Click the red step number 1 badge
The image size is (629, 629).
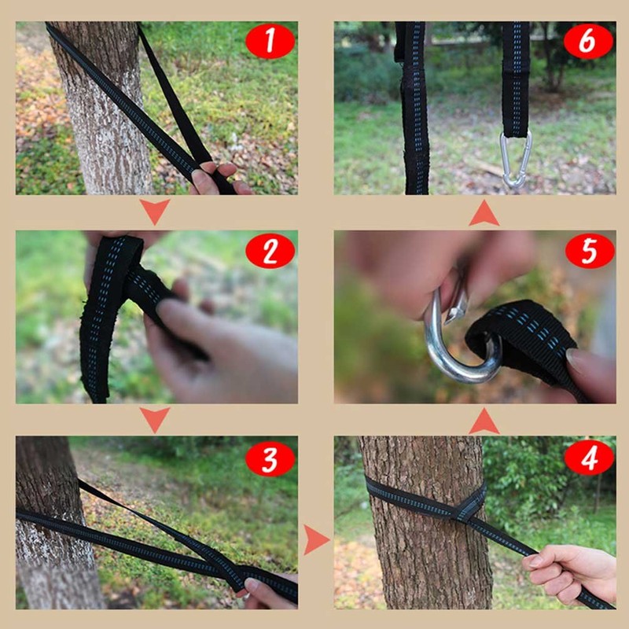pyautogui.click(x=270, y=42)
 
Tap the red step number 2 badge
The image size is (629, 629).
pyautogui.click(x=270, y=252)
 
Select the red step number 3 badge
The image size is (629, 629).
pyautogui.click(x=270, y=458)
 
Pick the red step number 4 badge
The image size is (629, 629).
pyautogui.click(x=589, y=458)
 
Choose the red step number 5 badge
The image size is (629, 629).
pyautogui.click(x=589, y=252)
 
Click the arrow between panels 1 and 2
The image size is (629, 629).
pyautogui.click(x=155, y=211)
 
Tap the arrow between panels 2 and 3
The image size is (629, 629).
pyautogui.click(x=155, y=418)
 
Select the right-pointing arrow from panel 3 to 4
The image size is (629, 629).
pyautogui.click(x=315, y=539)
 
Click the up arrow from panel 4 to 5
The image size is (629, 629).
pyautogui.click(x=484, y=421)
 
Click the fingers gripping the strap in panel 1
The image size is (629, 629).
pyautogui.click(x=216, y=177)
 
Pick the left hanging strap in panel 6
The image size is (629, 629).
pyautogui.click(x=414, y=110)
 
